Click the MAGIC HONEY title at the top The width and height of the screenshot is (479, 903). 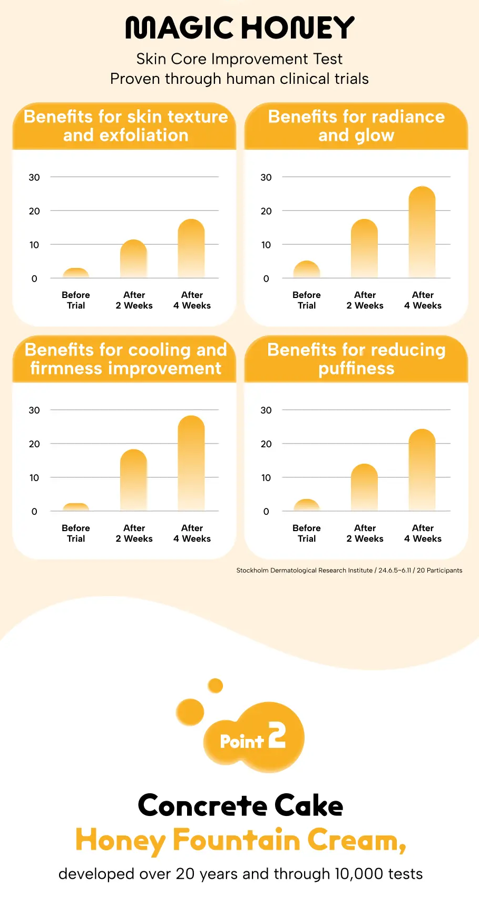[x=240, y=28]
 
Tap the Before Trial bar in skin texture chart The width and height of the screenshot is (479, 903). [x=76, y=273]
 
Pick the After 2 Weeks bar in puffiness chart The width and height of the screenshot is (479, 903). [x=364, y=487]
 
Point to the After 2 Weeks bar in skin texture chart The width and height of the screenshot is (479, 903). [x=133, y=259]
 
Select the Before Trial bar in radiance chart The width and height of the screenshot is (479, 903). [x=307, y=270]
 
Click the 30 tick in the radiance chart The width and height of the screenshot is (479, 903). [x=266, y=178]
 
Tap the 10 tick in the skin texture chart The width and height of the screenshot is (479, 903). [x=34, y=245]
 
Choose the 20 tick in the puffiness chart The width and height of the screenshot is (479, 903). [x=266, y=444]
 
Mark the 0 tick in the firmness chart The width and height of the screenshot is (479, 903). [x=34, y=512]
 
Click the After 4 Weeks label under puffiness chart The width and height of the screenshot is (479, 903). [x=423, y=533]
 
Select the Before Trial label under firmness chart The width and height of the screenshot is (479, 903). [x=76, y=533]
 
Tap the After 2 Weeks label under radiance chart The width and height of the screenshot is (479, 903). [x=365, y=300]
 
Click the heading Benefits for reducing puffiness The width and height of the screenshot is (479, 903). [x=356, y=359]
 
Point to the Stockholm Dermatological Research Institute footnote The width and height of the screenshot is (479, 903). [x=349, y=570]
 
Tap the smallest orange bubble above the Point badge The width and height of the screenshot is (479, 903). [x=215, y=686]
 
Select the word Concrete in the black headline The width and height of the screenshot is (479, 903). [x=202, y=805]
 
